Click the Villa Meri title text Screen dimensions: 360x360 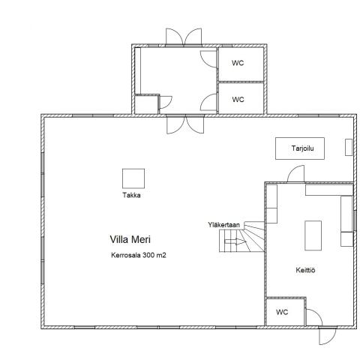click(130, 240)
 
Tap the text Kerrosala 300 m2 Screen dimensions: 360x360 click(138, 255)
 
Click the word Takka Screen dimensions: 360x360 click(132, 195)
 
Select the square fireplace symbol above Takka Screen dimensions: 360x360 click(133, 178)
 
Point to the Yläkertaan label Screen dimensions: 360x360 click(224, 224)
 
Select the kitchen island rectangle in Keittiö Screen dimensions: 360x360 click(312, 234)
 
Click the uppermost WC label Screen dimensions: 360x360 click(238, 63)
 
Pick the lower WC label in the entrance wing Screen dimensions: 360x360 click(238, 99)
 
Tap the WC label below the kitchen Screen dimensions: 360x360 click(282, 312)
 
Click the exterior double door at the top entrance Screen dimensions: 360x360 click(184, 37)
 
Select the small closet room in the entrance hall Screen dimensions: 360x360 click(147, 103)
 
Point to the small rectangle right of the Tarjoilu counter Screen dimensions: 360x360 click(348, 146)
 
